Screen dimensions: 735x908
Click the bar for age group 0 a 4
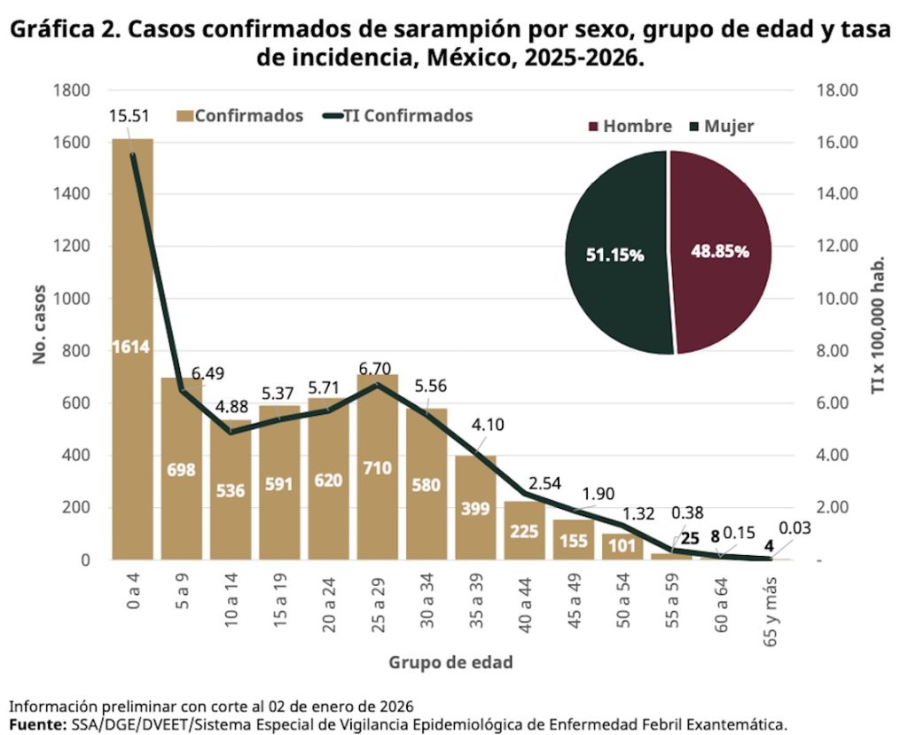132,355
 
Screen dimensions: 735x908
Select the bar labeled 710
378,470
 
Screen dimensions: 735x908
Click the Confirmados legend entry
240,116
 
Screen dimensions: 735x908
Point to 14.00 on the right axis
834,194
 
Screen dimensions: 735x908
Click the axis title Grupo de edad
450,662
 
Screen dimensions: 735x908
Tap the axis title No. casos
39,324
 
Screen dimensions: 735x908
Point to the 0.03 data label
794,529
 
